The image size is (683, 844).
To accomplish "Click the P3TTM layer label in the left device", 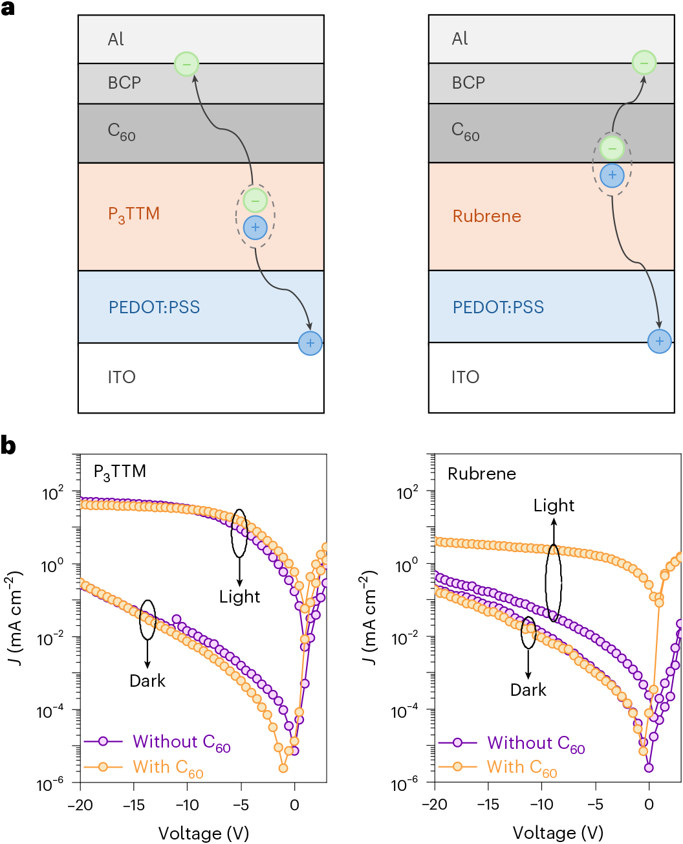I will pyautogui.click(x=133, y=214).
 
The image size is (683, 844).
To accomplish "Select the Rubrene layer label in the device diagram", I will pyautogui.click(x=486, y=216).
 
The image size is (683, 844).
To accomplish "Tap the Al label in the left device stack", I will pyautogui.click(x=116, y=39).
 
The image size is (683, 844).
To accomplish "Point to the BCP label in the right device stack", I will pyautogui.click(x=468, y=83).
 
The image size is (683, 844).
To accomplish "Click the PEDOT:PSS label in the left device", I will pyautogui.click(x=154, y=307).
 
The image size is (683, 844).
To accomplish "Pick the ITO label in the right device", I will pyautogui.click(x=465, y=377).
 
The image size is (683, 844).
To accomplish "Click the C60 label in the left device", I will pyautogui.click(x=122, y=132).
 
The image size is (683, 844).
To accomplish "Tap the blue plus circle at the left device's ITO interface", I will pyautogui.click(x=310, y=343).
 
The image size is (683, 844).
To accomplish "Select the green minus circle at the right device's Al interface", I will pyautogui.click(x=644, y=63).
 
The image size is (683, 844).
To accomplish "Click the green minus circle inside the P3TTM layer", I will pyautogui.click(x=255, y=201).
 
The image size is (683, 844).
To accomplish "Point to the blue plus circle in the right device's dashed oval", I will pyautogui.click(x=612, y=175).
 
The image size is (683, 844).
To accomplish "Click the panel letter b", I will pyautogui.click(x=8, y=447).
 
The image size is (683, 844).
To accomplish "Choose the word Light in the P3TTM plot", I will pyautogui.click(x=239, y=596).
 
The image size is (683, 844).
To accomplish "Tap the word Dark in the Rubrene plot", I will pyautogui.click(x=528, y=690).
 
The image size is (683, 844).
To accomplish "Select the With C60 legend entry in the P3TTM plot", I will pyautogui.click(x=168, y=768).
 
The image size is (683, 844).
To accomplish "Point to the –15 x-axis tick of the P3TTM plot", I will pyautogui.click(x=133, y=805).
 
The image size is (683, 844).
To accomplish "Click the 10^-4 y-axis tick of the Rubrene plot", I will pyautogui.click(x=407, y=712).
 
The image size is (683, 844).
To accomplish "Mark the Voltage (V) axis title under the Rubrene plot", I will pyautogui.click(x=558, y=832).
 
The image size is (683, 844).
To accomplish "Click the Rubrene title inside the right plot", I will pyautogui.click(x=482, y=474).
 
